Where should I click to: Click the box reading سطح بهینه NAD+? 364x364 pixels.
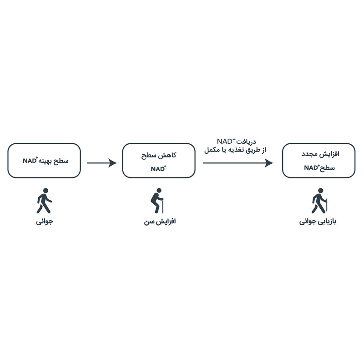(44, 161)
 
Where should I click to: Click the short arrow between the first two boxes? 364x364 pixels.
(101, 163)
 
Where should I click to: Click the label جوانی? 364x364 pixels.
(45, 223)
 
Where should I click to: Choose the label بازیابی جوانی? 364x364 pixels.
(319, 223)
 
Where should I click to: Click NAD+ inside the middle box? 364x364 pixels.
(158, 168)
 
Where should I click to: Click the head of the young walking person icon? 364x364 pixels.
(45, 192)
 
